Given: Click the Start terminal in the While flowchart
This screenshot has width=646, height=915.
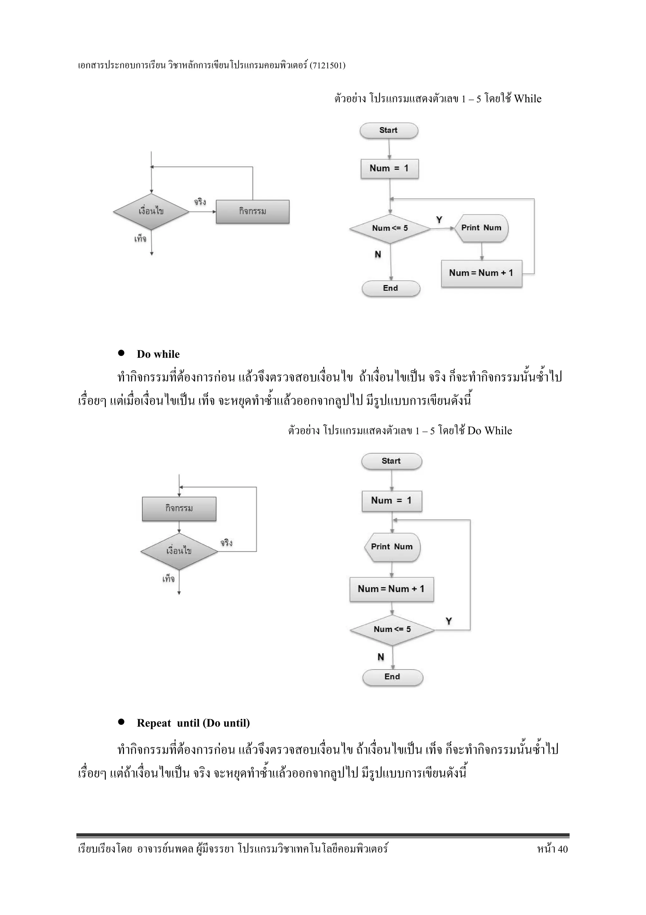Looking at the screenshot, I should coord(389,131).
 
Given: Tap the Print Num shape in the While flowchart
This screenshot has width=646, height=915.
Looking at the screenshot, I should coord(481,228).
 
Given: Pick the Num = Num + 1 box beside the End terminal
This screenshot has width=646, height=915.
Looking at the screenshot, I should coord(481,274).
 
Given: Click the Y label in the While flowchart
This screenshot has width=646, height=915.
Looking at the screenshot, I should coord(439,220).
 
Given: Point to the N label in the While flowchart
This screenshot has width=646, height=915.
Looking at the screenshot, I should coord(378,254).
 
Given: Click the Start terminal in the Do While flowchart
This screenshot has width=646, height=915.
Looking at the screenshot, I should coord(391,461).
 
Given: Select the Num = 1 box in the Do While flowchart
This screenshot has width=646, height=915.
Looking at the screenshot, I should coord(392,501).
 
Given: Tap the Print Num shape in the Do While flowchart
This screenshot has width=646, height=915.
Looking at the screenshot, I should coord(392,547).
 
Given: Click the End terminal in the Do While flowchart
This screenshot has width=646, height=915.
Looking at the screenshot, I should coord(392,677).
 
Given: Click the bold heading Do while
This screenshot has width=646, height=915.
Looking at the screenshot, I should coord(158,354).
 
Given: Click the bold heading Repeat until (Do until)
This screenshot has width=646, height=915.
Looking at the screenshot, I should coord(193,723).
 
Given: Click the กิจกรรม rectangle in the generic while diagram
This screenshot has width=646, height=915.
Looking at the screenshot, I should coord(252,212).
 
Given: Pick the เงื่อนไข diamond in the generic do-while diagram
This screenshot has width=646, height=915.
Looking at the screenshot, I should coord(179,551).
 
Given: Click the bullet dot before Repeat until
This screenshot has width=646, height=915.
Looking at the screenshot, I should coord(121,722).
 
